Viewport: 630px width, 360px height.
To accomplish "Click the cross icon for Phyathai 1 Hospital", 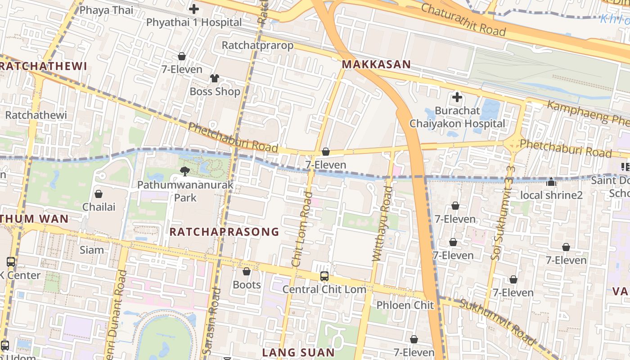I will pos(193,9).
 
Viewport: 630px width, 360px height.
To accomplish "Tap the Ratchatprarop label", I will pos(257,45).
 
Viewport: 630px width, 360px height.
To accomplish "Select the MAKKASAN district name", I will pos(376,64).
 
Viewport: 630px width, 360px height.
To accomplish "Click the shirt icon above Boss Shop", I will pos(214,78).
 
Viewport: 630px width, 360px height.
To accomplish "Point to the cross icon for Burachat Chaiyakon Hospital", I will pos(457,97).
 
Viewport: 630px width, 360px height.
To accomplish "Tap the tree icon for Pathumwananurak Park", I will pos(184,171).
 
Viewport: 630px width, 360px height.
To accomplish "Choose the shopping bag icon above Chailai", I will pos(99,194).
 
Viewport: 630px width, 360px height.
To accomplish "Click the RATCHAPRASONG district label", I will pos(224,232).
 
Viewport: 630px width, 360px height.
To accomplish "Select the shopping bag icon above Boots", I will pos(246,271).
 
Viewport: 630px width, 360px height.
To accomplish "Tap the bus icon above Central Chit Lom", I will pos(324,276).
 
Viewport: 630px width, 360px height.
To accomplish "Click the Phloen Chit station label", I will pos(405,305).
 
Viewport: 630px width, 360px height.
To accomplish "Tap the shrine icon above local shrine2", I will pos(551,182).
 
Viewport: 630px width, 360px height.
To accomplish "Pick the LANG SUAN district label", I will pos(298,352).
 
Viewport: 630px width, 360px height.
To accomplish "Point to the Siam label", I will pos(92,250).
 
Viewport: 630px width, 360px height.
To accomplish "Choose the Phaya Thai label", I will pos(106,10).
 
